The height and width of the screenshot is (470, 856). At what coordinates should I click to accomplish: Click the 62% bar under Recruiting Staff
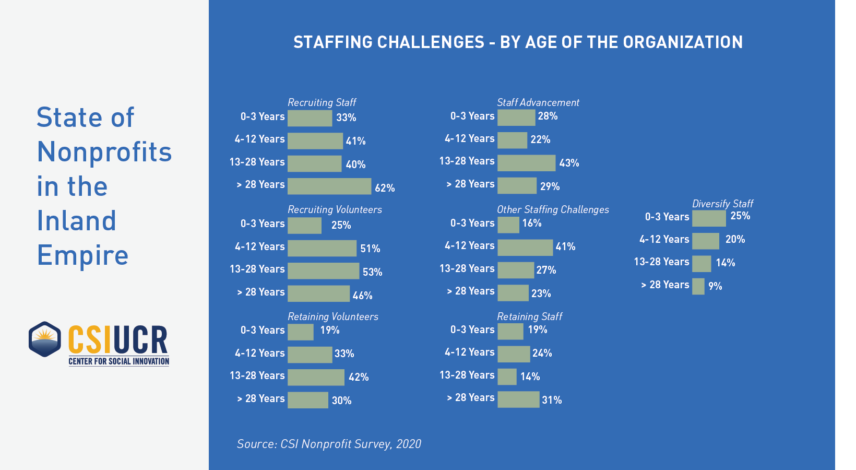tap(329, 186)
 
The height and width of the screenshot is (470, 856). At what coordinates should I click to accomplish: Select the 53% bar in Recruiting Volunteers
tap(323, 271)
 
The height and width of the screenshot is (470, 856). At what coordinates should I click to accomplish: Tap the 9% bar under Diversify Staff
tap(698, 286)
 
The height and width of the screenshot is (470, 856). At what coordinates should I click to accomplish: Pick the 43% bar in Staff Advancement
tap(526, 163)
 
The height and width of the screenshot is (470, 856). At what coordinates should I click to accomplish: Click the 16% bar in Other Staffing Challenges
tap(508, 225)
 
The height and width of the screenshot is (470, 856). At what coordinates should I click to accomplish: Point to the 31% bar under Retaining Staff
tap(518, 399)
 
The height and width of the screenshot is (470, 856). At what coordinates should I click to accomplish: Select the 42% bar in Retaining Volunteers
tap(316, 377)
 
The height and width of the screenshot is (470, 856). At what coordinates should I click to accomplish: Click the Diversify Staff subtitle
tap(722, 204)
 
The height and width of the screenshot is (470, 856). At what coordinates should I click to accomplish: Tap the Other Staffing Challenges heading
tap(553, 209)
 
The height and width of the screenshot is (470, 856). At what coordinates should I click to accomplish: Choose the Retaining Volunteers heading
tap(333, 316)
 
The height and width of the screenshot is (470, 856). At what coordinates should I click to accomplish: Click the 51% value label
tap(370, 249)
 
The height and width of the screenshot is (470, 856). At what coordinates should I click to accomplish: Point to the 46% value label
tap(362, 296)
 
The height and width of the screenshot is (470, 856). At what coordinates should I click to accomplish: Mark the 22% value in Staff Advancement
tap(540, 139)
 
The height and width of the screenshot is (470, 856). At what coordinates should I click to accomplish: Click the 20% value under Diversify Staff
tap(735, 239)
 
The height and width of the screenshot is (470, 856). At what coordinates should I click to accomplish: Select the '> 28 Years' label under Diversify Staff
tap(665, 285)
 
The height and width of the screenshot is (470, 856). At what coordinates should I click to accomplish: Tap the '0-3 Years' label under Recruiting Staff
tap(263, 116)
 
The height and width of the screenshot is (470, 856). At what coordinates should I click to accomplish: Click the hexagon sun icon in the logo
tap(45, 339)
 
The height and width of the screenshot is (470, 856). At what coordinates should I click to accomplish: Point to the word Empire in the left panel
tap(82, 255)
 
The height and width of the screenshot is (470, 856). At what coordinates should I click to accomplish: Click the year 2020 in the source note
tap(408, 444)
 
